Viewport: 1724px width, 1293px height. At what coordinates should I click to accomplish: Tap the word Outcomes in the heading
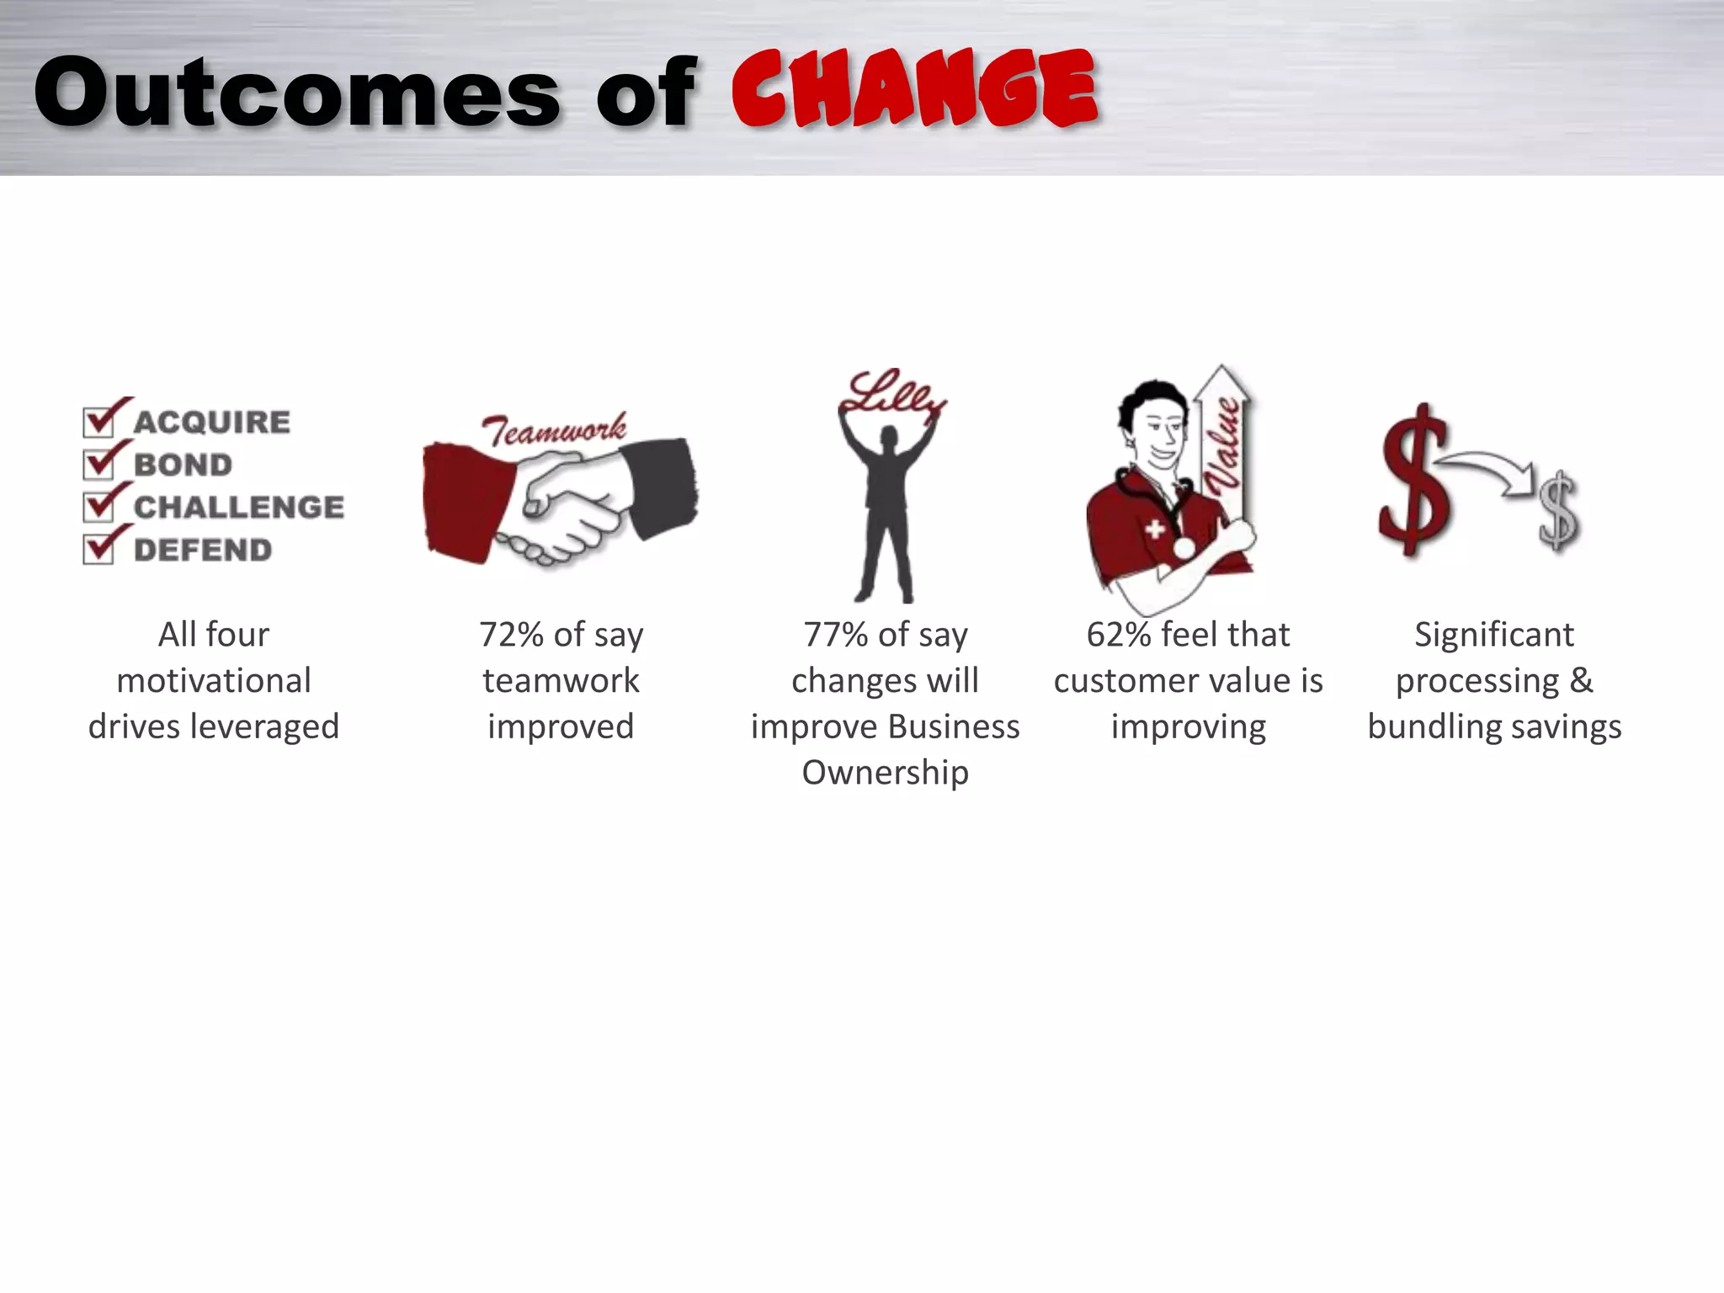(x=296, y=93)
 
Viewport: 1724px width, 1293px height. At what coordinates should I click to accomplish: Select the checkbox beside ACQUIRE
(x=98, y=421)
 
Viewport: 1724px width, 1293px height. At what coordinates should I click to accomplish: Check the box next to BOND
(x=98, y=464)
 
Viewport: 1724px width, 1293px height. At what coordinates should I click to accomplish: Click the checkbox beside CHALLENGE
(x=98, y=507)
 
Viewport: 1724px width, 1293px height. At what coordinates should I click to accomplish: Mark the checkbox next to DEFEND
(x=98, y=550)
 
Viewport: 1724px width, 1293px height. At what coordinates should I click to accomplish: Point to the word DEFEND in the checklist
(x=203, y=551)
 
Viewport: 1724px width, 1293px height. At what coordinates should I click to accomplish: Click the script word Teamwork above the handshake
(x=554, y=430)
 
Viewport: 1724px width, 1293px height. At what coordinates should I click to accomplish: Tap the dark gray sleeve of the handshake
(x=662, y=487)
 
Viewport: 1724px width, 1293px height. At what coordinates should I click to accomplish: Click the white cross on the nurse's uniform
(x=1155, y=529)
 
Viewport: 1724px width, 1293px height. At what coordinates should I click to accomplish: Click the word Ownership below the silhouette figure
(x=885, y=773)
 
